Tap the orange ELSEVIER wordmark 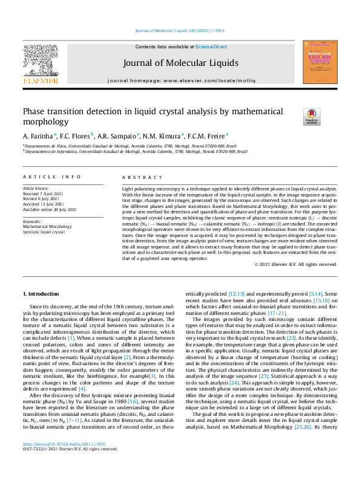(41, 80)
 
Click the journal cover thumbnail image (319, 64)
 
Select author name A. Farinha (39, 135)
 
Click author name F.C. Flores (77, 135)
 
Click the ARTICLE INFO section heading (51, 177)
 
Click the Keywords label (33, 221)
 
